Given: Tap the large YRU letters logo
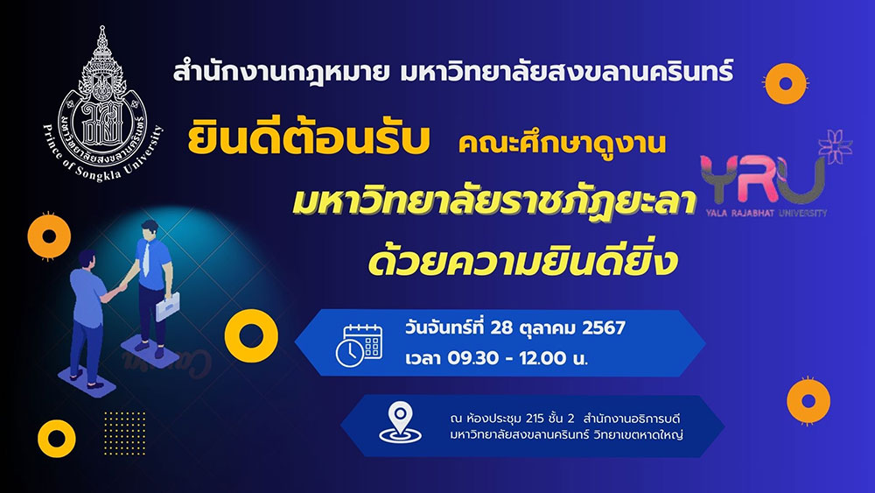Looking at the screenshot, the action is [x=763, y=180].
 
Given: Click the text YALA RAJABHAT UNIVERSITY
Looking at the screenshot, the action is [x=766, y=213].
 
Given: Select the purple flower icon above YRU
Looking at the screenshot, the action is [x=836, y=146].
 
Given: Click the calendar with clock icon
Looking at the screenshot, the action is [x=359, y=345].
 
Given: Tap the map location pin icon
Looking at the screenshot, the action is [x=400, y=423].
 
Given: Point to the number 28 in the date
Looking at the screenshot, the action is [x=501, y=327].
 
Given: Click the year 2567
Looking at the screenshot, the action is [x=603, y=327].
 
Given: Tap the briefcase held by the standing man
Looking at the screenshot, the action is [x=167, y=306].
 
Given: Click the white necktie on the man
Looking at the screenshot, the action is [x=146, y=258].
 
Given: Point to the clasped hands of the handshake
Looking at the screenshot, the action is [x=122, y=287].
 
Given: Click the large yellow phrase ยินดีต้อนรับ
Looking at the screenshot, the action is [x=309, y=139].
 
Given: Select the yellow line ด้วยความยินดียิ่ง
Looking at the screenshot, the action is [x=523, y=260].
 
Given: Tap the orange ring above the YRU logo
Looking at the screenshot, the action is [x=786, y=84].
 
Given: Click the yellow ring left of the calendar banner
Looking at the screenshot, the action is [x=251, y=335].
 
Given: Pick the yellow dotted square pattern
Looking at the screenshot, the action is [x=124, y=433].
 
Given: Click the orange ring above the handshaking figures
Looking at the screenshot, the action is [x=49, y=236].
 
